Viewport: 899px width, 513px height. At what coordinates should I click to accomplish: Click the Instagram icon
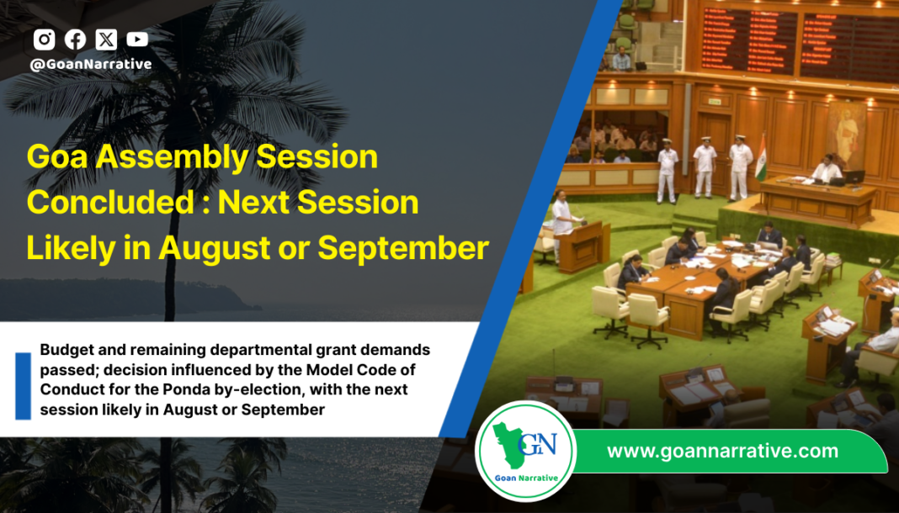(x=45, y=40)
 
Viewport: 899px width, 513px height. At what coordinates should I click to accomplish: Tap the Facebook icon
(x=75, y=40)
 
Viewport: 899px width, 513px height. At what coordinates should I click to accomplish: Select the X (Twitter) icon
(x=106, y=40)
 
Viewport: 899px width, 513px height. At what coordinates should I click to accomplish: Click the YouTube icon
(x=137, y=40)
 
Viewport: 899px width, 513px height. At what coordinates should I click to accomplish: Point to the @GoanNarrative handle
(x=91, y=64)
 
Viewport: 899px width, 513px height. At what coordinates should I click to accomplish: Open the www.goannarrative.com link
(x=722, y=452)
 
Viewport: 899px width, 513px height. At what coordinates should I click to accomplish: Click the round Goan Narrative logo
(x=525, y=451)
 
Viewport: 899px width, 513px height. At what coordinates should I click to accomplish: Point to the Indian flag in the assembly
(x=762, y=157)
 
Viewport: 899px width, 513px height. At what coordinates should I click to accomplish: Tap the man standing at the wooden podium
(x=563, y=214)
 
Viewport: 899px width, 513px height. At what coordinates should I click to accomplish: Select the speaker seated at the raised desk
(x=827, y=171)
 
